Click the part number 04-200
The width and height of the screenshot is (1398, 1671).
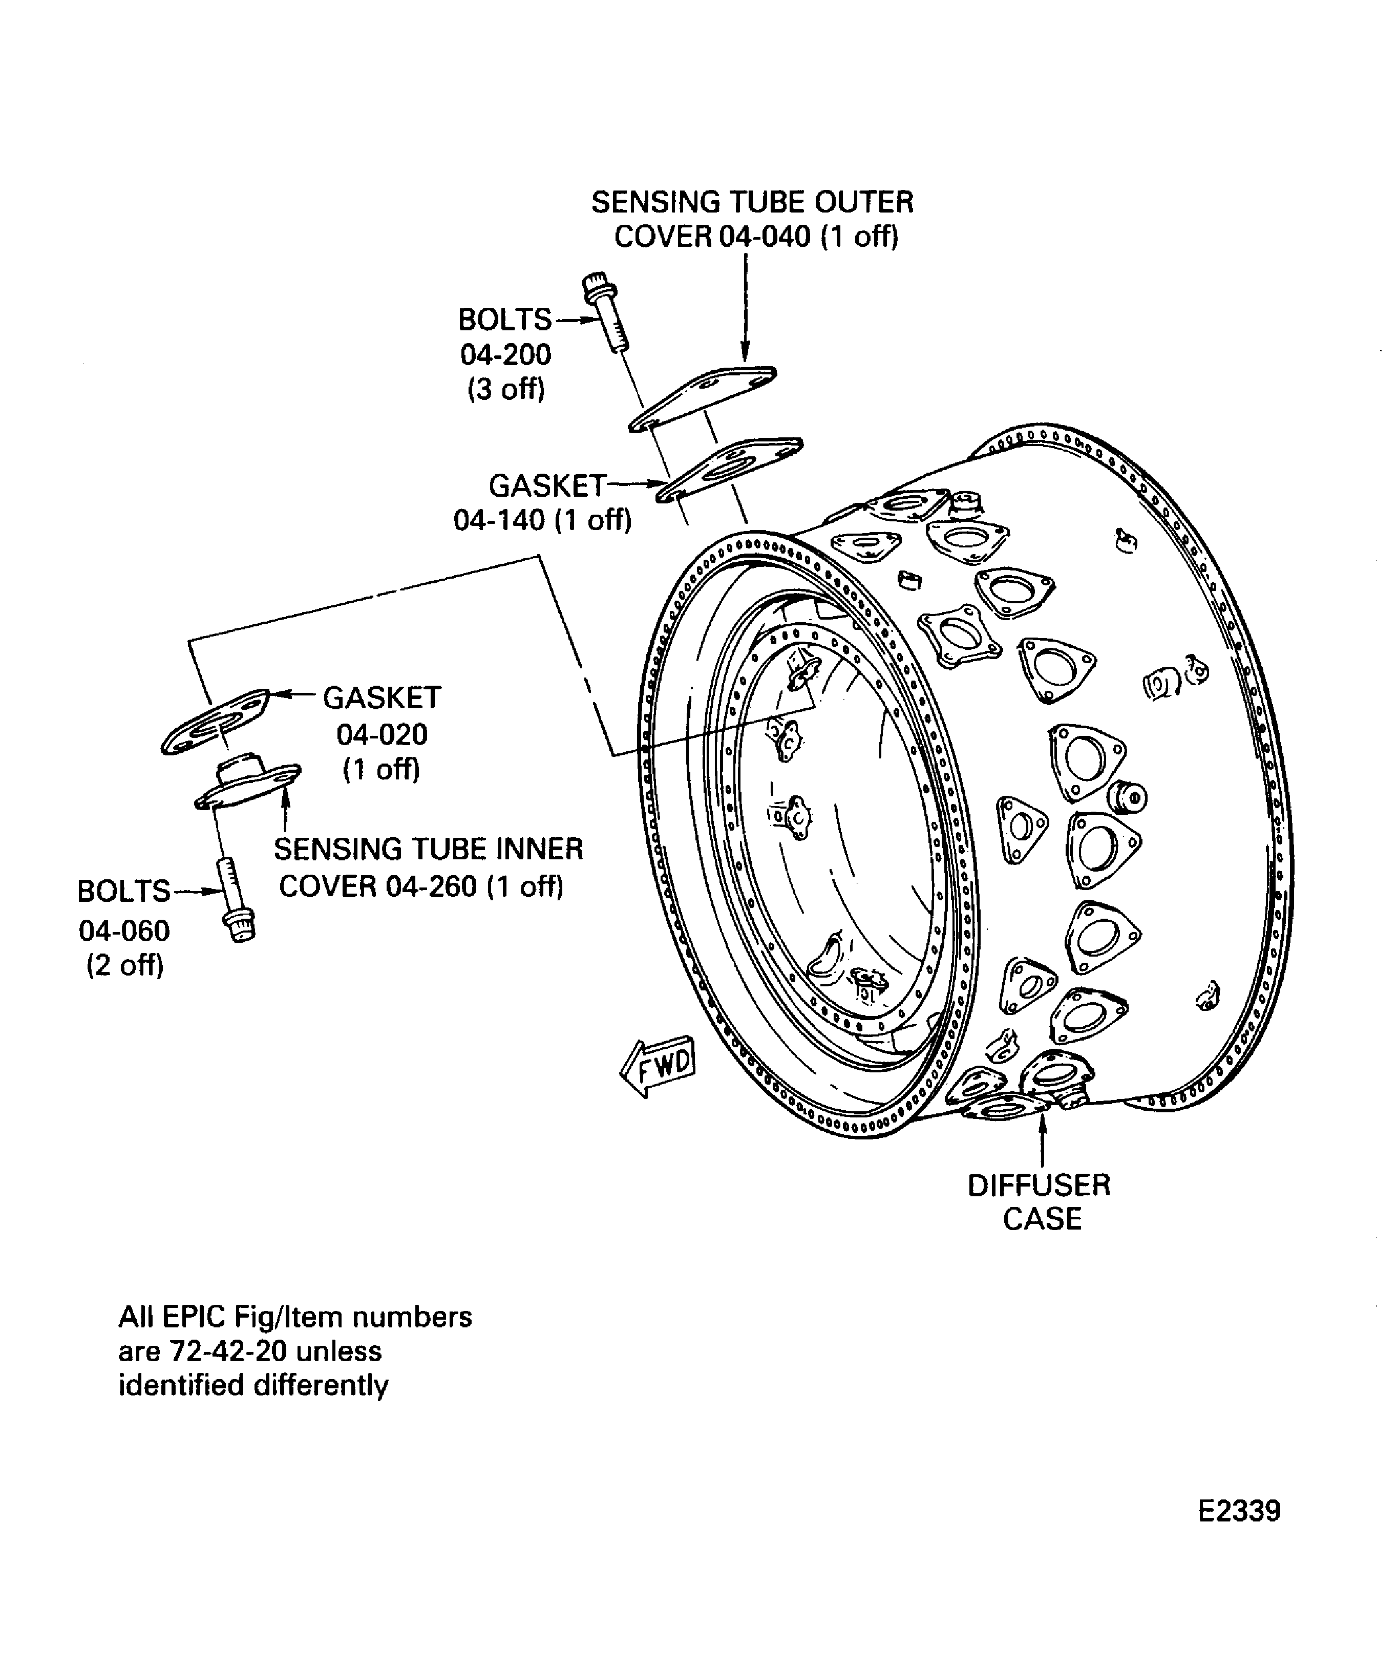click(x=505, y=355)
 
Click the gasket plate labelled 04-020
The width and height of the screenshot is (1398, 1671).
click(x=213, y=722)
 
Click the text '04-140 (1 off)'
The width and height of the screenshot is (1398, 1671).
click(x=543, y=520)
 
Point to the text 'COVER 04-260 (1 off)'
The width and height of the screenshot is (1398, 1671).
click(x=421, y=886)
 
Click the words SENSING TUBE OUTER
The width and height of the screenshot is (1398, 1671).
click(x=752, y=202)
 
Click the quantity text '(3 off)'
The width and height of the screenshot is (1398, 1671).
click(x=506, y=389)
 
